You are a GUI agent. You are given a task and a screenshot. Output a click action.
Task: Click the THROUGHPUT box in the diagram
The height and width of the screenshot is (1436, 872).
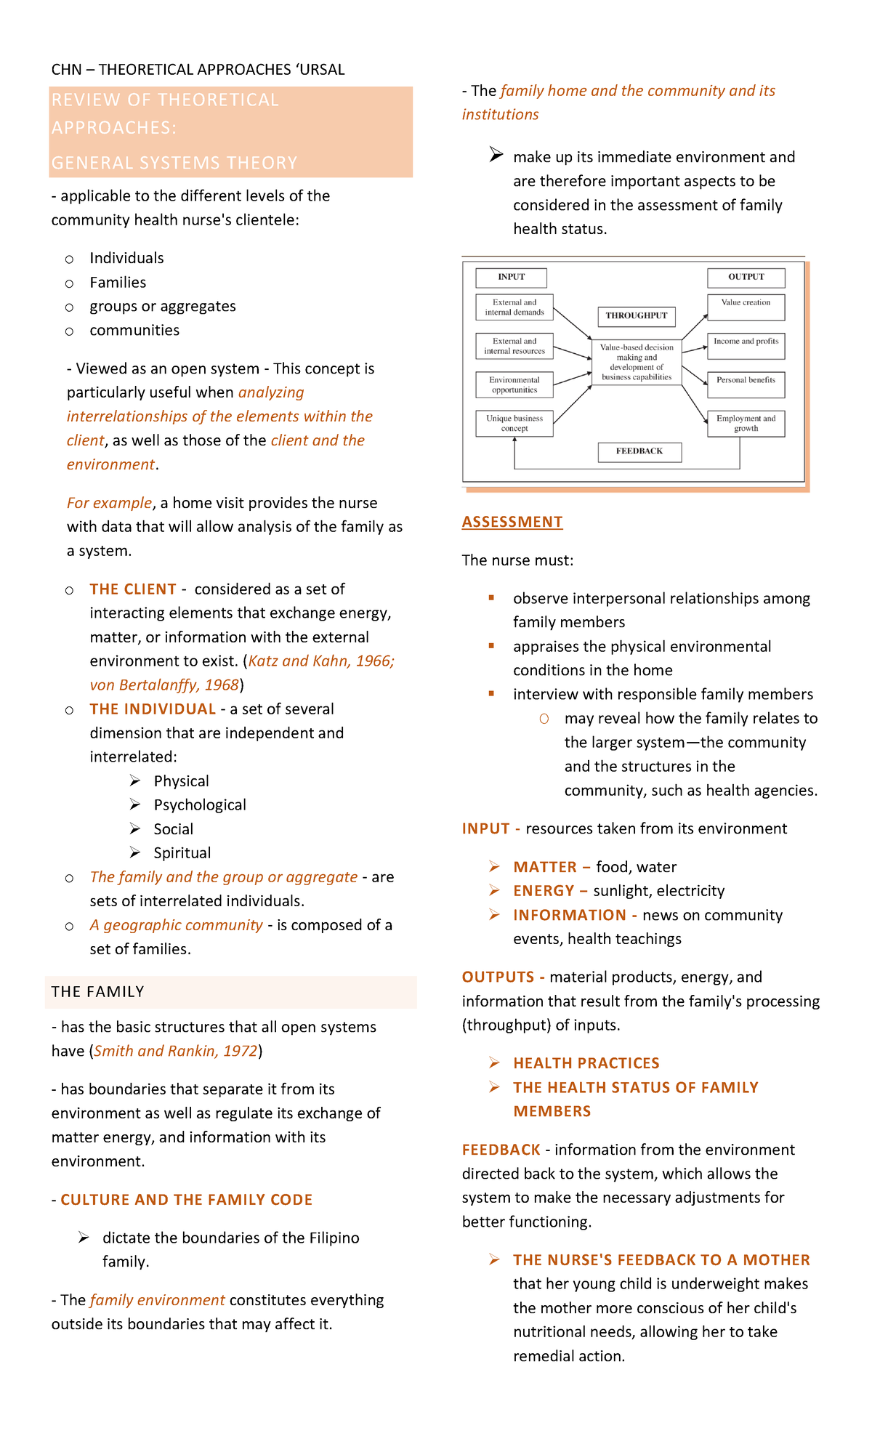point(637,315)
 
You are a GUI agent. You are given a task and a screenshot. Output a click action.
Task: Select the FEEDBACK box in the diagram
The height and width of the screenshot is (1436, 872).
point(639,451)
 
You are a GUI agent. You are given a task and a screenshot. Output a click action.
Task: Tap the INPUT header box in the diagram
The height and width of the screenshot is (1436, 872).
point(511,277)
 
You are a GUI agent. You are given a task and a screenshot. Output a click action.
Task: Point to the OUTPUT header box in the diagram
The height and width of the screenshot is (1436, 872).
point(746,277)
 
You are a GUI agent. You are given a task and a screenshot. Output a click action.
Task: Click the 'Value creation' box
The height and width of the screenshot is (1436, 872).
point(746,307)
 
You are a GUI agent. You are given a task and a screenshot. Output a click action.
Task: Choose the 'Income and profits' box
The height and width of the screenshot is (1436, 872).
point(746,345)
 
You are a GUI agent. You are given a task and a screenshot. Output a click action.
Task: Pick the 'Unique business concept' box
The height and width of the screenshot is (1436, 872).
point(514,423)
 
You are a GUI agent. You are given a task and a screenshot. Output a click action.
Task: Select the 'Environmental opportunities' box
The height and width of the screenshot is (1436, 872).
point(514,384)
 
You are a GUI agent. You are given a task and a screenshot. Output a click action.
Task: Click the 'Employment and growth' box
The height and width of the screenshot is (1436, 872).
point(746,423)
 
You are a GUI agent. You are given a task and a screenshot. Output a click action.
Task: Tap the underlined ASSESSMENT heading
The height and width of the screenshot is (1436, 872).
point(512,522)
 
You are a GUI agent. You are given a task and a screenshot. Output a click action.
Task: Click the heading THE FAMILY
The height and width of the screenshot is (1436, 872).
point(98,992)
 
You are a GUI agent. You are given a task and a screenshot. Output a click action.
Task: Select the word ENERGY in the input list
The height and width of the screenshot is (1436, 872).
point(544,891)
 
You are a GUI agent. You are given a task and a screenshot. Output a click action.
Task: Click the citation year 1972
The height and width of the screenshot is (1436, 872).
point(241,1051)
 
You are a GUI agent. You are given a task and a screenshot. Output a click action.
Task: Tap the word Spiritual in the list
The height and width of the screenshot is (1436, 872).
point(182,853)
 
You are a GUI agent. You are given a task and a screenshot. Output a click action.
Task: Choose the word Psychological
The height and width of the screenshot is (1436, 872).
point(200,805)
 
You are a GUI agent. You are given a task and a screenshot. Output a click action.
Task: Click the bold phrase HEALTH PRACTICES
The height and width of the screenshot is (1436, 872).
point(586,1063)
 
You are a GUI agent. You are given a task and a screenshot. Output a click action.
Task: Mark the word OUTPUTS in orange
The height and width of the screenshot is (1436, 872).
point(498,977)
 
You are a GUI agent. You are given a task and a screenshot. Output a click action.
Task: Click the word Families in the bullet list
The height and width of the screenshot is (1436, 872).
point(118,283)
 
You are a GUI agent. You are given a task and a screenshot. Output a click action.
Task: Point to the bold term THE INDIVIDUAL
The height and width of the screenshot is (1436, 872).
point(153,709)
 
